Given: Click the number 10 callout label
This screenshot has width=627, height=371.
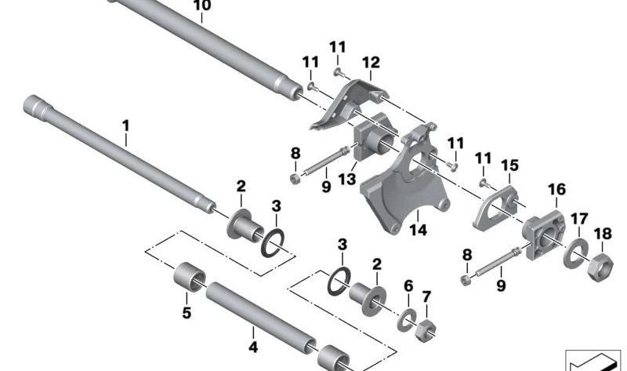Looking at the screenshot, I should tap(201, 6).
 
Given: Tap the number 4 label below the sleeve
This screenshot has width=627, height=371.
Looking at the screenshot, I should tap(253, 347).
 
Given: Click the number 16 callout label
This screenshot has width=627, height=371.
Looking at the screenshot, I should tap(556, 189).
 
